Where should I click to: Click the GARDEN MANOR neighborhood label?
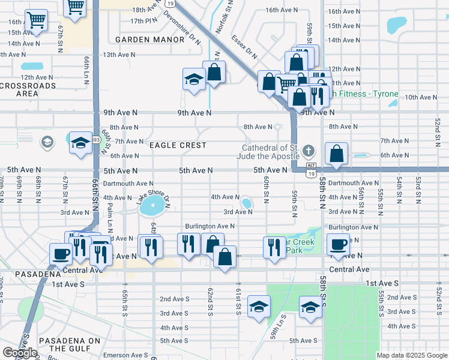(149, 40)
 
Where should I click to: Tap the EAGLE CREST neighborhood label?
(178, 145)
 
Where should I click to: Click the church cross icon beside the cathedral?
(308, 151)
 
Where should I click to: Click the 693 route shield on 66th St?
(95, 140)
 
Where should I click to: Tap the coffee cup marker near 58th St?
(339, 244)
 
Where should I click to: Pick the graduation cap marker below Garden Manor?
(194, 79)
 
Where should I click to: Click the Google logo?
(20, 353)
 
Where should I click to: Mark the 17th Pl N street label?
(143, 21)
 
